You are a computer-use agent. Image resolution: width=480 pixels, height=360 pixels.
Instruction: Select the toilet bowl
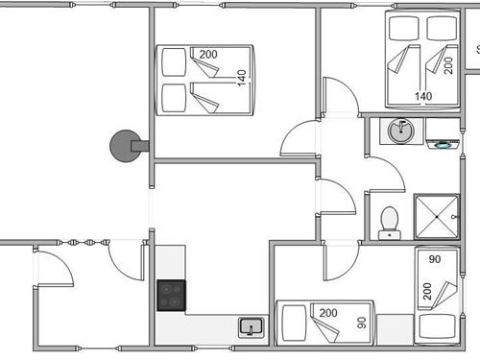pyautogui.click(x=390, y=221)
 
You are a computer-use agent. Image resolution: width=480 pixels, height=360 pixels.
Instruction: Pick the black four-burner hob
pyautogui.click(x=171, y=295)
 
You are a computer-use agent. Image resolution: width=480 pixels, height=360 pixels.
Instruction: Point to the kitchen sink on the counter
pyautogui.click(x=251, y=327)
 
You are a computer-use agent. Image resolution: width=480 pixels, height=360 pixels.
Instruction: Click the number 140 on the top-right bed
pyautogui.click(x=422, y=96)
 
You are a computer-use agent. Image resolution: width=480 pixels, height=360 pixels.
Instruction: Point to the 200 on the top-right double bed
pyautogui.click(x=448, y=65)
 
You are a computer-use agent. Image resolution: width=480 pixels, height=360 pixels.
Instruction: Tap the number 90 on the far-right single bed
pyautogui.click(x=434, y=260)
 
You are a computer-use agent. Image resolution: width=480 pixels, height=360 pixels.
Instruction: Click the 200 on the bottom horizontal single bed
pyautogui.click(x=327, y=313)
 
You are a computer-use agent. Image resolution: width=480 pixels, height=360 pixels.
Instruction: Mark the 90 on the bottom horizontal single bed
pyautogui.click(x=363, y=323)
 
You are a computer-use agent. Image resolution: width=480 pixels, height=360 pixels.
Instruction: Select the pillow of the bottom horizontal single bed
pyautogui.click(x=291, y=323)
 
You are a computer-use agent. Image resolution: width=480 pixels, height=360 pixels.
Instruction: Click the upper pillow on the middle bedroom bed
pyautogui.click(x=173, y=63)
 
